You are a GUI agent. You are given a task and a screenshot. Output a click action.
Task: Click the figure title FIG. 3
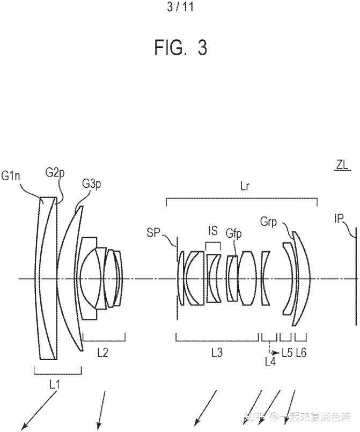tap(180, 47)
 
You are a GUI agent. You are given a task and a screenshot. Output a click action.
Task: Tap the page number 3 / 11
tap(180, 7)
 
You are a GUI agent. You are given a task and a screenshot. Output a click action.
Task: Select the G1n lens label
tap(11, 175)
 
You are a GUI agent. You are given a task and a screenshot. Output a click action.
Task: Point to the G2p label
tap(55, 173)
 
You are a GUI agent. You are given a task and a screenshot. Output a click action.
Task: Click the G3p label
tap(91, 184)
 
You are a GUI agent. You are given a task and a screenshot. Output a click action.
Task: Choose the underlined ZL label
tap(342, 166)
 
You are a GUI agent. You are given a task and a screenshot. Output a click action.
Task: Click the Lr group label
tap(245, 186)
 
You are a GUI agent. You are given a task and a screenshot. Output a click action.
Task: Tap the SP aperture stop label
tap(153, 233)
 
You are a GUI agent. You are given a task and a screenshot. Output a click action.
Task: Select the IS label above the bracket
tap(213, 231)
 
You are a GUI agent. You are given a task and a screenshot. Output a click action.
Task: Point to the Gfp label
tap(233, 233)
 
